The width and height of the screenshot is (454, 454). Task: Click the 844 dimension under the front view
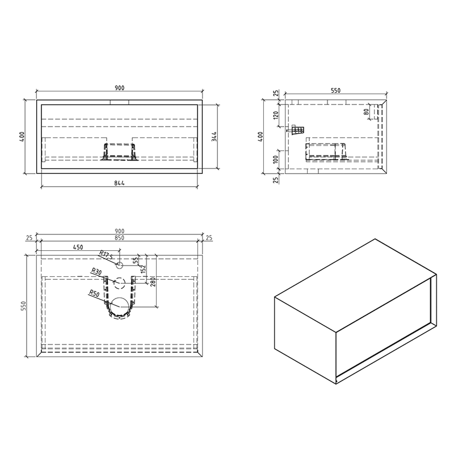pos(120,182)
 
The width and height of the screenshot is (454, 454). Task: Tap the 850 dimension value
pos(120,238)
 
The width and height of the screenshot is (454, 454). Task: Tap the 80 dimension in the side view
pos(367,112)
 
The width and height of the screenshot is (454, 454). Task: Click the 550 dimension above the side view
pos(335,90)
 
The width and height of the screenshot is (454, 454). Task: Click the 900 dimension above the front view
pos(120,87)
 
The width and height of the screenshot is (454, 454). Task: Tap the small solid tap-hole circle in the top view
pos(120,264)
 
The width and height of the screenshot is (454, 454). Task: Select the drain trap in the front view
pos(119,152)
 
